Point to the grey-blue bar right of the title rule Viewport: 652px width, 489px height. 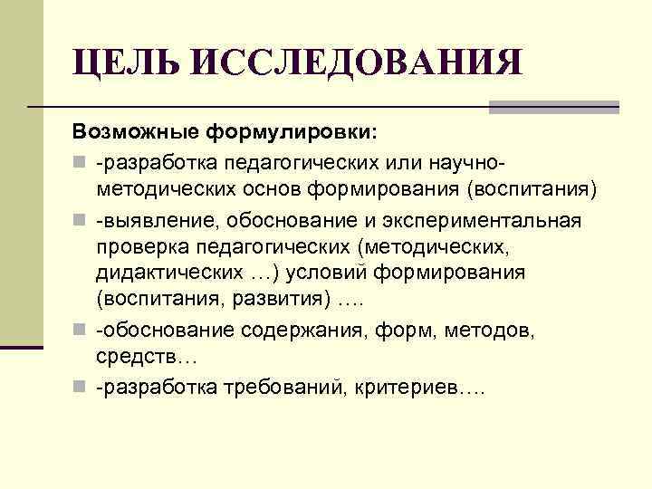(x=553, y=108)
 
